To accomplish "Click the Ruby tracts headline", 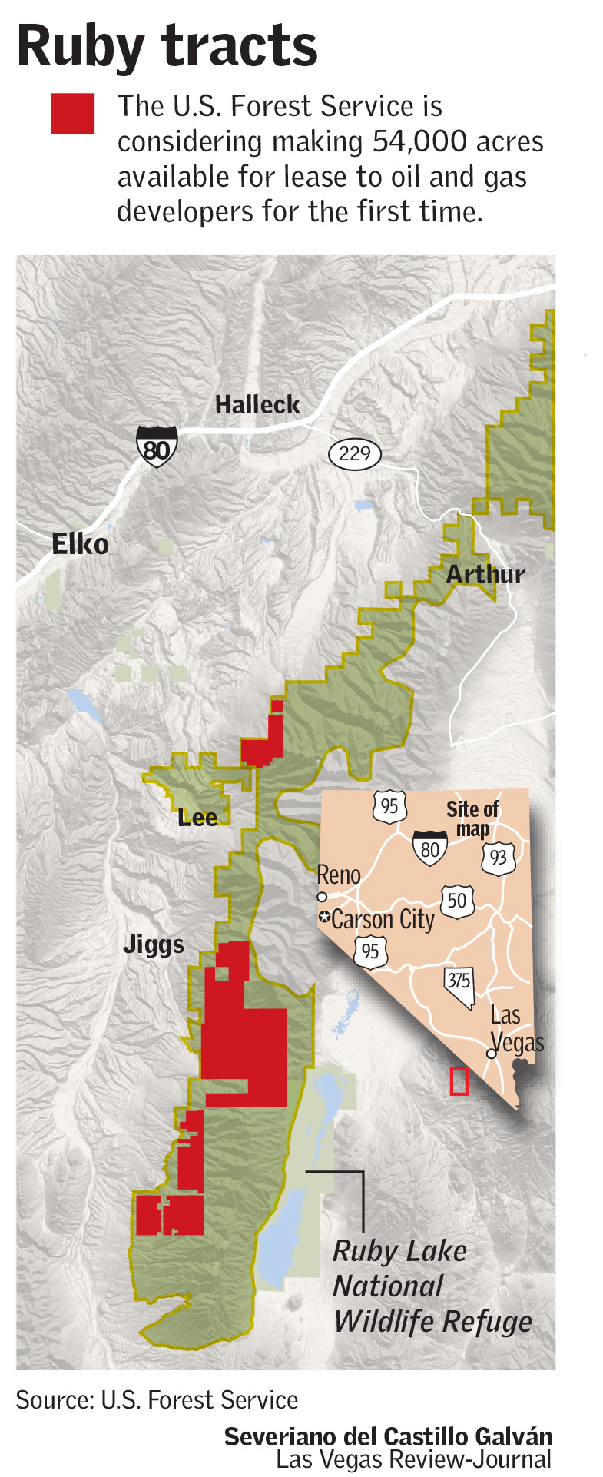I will [x=167, y=46].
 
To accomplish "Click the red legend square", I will [x=72, y=114].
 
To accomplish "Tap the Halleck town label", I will [x=257, y=404].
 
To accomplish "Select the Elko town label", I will [x=80, y=545].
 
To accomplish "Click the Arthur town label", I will [x=485, y=574].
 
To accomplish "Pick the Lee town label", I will [x=197, y=818].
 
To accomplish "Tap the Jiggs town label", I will [x=154, y=944].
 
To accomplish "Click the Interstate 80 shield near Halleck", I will [x=157, y=446].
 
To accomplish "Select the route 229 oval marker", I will [x=354, y=453].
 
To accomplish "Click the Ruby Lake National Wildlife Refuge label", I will [x=432, y=1286].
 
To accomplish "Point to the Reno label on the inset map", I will [x=339, y=875].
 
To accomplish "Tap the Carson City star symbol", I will [x=325, y=917].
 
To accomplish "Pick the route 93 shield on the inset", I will [x=499, y=856].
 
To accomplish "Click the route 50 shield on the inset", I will [x=457, y=900].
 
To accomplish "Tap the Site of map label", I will [x=472, y=818].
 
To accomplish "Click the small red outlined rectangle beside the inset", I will [x=459, y=1081].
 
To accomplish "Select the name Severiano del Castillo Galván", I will [x=388, y=1437].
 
